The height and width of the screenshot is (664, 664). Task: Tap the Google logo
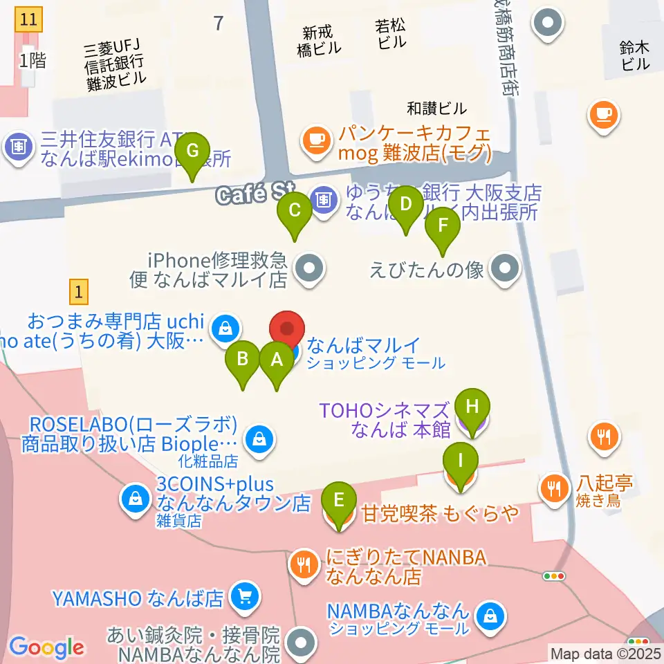46,647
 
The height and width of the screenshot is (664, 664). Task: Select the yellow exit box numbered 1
80,292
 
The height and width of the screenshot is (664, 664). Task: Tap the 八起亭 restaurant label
605,482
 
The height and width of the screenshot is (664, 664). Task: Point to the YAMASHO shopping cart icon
243,595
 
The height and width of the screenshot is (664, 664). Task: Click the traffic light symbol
554,576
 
